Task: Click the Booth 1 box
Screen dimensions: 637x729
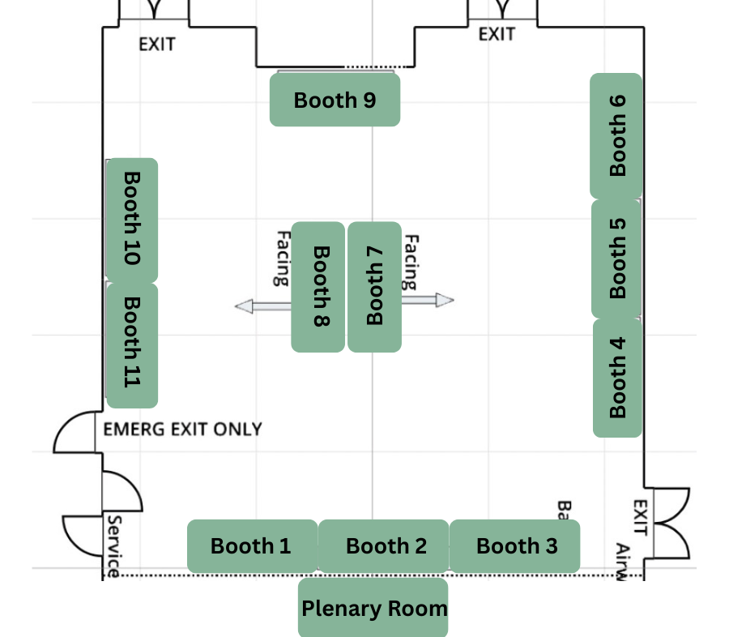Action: [x=252, y=546]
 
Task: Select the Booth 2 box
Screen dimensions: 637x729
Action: [x=384, y=546]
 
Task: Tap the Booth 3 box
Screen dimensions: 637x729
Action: [x=515, y=546]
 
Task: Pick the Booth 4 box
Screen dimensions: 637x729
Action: [x=617, y=378]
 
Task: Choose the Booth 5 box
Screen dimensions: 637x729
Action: [x=617, y=259]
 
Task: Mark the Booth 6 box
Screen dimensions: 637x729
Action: [x=617, y=135]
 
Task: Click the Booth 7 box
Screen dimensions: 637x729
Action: [x=374, y=286]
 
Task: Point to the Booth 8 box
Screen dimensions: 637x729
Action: [x=318, y=286]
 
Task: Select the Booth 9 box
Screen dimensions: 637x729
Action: [x=335, y=100]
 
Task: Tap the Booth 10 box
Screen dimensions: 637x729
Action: [x=131, y=219]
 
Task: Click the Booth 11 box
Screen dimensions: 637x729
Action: [x=131, y=344]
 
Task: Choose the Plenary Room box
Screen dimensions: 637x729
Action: [x=373, y=608]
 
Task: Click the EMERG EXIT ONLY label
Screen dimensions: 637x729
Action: [x=182, y=429]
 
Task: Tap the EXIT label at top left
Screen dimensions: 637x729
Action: [x=156, y=44]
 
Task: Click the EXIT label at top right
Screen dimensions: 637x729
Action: [x=497, y=34]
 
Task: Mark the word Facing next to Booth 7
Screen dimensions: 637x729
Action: [x=411, y=262]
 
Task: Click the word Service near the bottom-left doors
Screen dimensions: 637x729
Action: [x=113, y=546]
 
